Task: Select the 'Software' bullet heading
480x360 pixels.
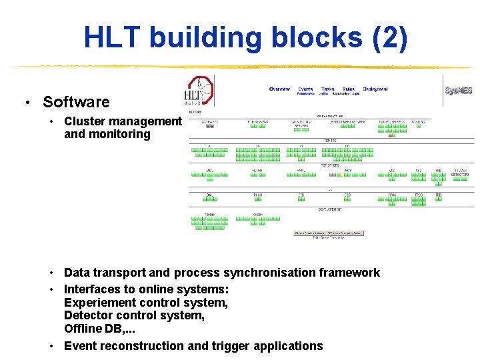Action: pyautogui.click(x=76, y=102)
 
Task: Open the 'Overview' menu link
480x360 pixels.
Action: pyautogui.click(x=279, y=89)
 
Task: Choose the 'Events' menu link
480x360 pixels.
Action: pyautogui.click(x=305, y=89)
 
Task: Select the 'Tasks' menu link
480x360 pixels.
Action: pyautogui.click(x=327, y=89)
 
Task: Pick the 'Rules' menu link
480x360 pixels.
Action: pyautogui.click(x=349, y=89)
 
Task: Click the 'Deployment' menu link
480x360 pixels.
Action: pyautogui.click(x=375, y=89)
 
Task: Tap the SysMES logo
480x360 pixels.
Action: pyautogui.click(x=458, y=90)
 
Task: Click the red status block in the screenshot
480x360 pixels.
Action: pyautogui.click(x=391, y=135)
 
